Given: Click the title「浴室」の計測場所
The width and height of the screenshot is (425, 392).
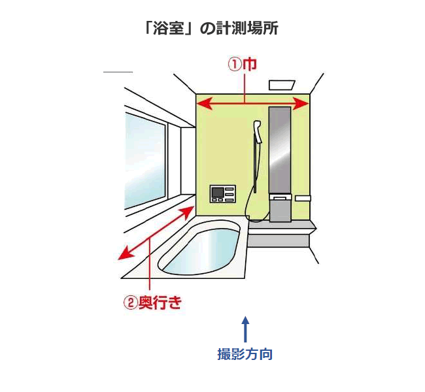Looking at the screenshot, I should [212, 29].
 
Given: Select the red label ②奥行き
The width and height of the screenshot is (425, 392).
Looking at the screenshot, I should [152, 303].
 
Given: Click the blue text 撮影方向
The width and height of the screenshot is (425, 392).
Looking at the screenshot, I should [245, 354].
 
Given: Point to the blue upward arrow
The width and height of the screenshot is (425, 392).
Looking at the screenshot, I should [245, 329].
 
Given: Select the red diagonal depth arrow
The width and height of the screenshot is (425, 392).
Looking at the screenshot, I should [157, 233].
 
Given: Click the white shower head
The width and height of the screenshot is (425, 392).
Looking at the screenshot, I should [258, 131].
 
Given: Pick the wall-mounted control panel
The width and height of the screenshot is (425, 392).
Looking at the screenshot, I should [222, 194].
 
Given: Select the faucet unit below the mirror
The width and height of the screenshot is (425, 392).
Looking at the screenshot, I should [281, 208].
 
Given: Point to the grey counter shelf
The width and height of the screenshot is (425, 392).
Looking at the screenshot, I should [281, 229].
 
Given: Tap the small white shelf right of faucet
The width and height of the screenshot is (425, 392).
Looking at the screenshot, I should [303, 197].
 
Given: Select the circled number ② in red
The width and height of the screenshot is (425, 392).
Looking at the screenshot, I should [130, 303].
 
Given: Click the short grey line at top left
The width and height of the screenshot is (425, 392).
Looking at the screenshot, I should [118, 71].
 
